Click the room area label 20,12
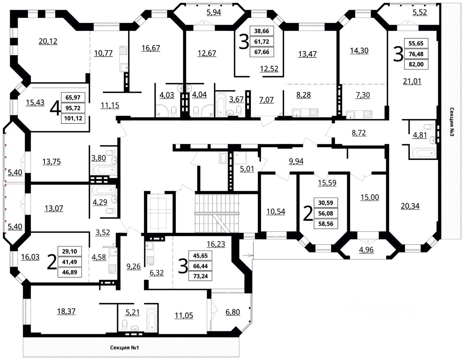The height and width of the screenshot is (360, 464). coord(48,41)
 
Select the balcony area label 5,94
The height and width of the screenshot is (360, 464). coord(214,13)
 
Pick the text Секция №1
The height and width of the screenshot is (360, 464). coord(125,348)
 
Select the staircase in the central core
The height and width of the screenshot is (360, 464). coord(216,214)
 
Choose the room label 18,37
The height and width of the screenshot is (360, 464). coord(66,311)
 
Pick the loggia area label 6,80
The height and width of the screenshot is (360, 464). coord(232,311)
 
